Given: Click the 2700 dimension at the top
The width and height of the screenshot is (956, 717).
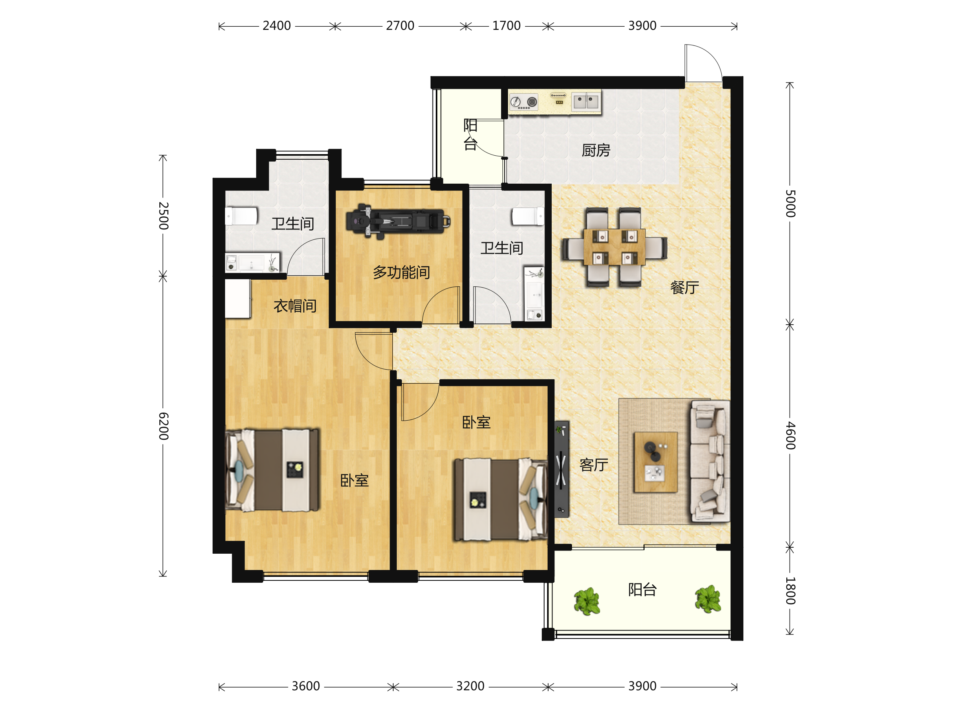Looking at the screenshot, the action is [400, 26].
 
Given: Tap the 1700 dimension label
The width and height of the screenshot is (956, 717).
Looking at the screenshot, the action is [507, 26].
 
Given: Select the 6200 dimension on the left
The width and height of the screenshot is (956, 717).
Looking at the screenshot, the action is [163, 426].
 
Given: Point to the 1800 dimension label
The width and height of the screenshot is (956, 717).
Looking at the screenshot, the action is [790, 590].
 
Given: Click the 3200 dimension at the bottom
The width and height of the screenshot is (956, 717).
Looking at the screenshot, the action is [470, 686].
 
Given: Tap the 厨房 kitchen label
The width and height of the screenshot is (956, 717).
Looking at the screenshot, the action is [596, 151].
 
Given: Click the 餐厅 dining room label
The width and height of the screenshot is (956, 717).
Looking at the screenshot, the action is [685, 288].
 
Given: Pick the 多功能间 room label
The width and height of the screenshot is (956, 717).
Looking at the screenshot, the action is [401, 272].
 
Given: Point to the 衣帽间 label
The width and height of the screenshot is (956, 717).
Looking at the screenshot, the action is [295, 306].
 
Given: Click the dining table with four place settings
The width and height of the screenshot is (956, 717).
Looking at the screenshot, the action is [614, 247].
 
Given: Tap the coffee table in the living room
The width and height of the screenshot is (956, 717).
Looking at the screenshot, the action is [656, 462].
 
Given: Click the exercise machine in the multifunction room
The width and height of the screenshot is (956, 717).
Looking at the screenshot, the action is [398, 221].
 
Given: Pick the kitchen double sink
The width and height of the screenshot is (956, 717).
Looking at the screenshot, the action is [586, 102].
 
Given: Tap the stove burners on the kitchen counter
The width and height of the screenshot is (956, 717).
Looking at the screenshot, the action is [523, 102].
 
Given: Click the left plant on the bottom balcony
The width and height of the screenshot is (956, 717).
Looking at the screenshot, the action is [587, 601].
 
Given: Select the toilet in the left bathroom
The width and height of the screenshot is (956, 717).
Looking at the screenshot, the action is [241, 216].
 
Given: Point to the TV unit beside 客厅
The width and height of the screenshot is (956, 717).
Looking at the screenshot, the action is [562, 469].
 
